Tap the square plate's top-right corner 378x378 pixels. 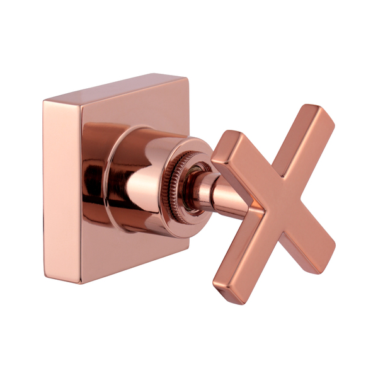(x=186, y=78)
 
